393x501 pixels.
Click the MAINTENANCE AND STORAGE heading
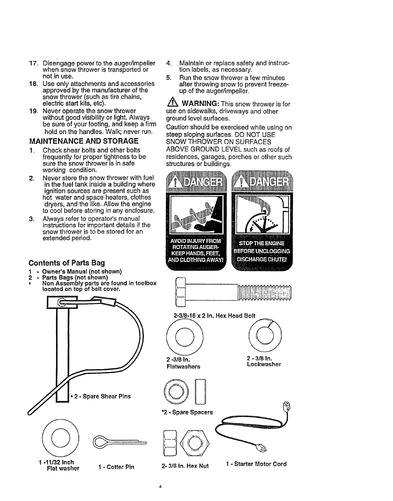83,141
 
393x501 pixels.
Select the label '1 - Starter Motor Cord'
256,464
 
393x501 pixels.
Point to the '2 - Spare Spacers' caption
187,412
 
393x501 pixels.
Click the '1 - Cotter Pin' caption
116,467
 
